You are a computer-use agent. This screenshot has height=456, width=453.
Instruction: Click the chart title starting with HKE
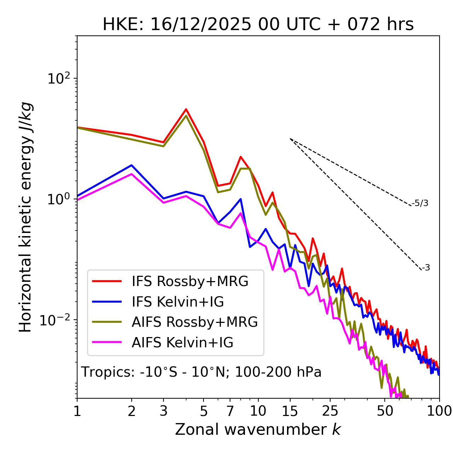(258, 25)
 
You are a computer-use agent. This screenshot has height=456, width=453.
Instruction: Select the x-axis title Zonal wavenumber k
(258, 429)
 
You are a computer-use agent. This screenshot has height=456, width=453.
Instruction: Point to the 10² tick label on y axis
(58, 78)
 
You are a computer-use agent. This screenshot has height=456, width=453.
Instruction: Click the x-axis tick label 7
(230, 411)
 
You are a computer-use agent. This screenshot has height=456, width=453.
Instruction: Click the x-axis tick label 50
(385, 411)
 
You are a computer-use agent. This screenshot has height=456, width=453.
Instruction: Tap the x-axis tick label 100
(439, 411)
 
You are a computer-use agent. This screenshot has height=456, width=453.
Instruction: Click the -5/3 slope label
(420, 204)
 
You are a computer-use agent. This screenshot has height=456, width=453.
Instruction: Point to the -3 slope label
(426, 268)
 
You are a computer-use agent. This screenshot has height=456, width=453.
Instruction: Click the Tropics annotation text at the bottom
(201, 372)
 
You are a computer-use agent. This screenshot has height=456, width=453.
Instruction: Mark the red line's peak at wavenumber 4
(186, 109)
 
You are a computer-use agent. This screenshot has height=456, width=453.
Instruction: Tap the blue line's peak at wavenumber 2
(132, 165)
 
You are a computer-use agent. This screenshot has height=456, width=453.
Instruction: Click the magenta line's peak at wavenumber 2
(132, 174)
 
